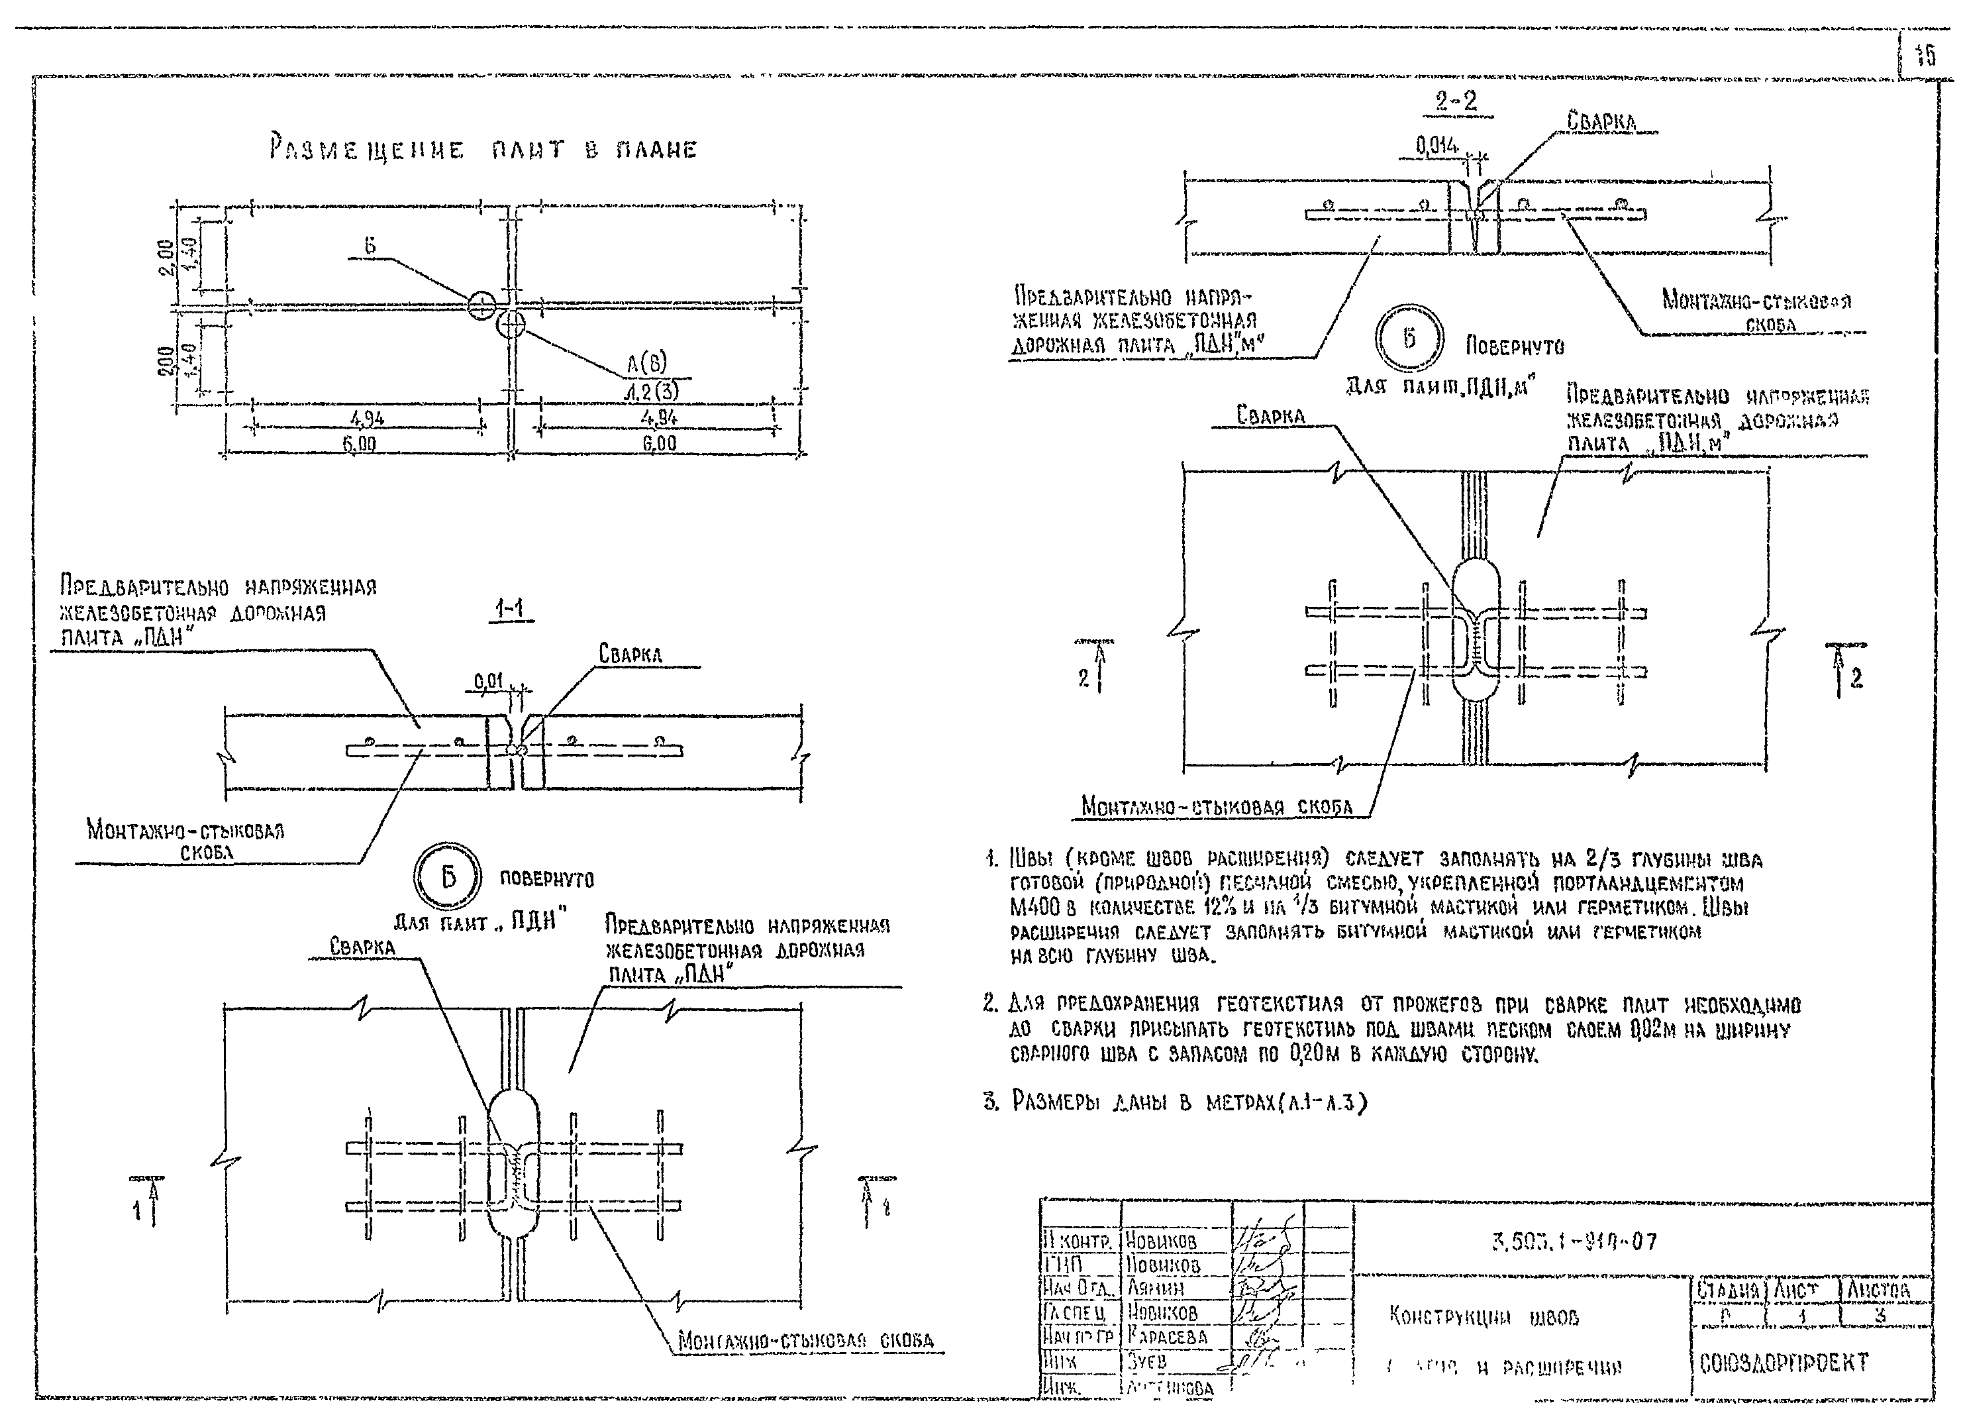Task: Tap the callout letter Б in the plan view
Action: coord(370,246)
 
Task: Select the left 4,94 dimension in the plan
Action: coord(367,419)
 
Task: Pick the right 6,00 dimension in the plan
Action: coord(659,444)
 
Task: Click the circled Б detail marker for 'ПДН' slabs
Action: coord(448,878)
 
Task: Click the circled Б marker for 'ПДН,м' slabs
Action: coord(1409,339)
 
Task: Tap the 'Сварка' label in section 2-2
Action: coord(1601,121)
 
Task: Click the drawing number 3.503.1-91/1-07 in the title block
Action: coord(1576,1242)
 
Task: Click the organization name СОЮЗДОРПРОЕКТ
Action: coord(1783,1363)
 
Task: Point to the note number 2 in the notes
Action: coord(991,1004)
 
